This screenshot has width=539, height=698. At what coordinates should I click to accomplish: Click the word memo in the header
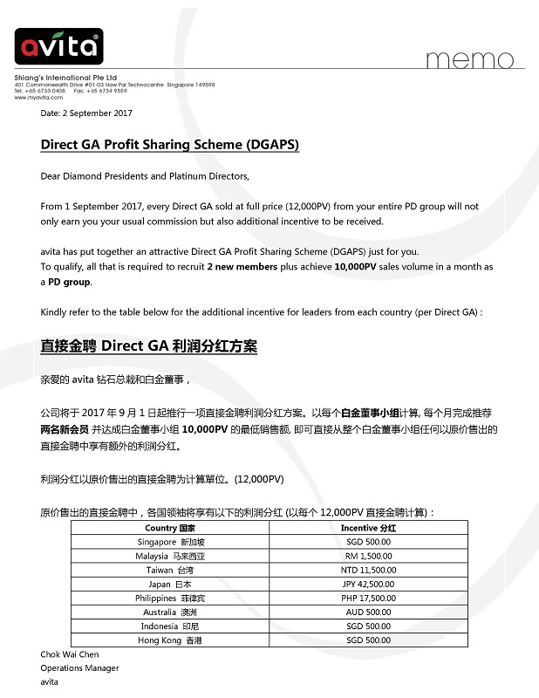(x=470, y=59)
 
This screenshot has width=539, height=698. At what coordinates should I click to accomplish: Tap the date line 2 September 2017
(x=86, y=113)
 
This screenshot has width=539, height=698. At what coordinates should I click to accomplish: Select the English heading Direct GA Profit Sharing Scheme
(x=169, y=145)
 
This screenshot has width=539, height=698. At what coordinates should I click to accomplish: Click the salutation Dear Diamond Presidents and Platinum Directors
(x=145, y=176)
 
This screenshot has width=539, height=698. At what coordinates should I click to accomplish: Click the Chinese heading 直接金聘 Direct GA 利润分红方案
(x=148, y=346)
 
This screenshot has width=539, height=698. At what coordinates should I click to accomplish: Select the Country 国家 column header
(x=170, y=528)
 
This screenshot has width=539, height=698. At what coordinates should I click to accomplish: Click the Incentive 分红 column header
(x=368, y=528)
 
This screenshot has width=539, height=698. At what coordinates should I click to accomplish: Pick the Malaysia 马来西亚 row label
(x=170, y=556)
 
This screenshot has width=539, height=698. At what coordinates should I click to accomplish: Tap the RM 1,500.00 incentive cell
(x=369, y=556)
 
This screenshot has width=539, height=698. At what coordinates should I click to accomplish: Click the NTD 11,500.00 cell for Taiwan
(x=369, y=570)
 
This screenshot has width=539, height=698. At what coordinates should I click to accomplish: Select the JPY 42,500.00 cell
(x=369, y=584)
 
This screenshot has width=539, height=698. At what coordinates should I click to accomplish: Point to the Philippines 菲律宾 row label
(x=170, y=598)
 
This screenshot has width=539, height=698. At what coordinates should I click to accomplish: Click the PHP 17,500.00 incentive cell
(x=369, y=598)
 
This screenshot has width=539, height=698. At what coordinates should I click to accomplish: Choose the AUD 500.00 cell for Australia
(x=369, y=612)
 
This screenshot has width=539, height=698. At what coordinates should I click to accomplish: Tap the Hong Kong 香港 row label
(x=170, y=640)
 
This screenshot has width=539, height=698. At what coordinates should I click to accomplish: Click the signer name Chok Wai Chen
(x=69, y=654)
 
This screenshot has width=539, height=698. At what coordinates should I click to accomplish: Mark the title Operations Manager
(x=79, y=667)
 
